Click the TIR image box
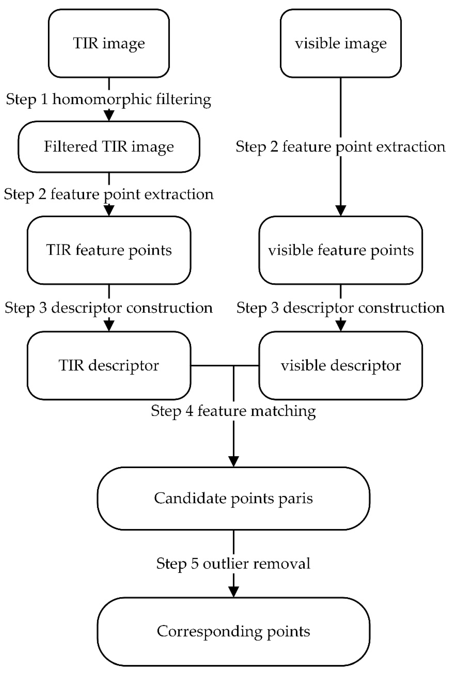(x=109, y=43)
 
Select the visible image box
(x=341, y=43)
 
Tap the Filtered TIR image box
(x=109, y=147)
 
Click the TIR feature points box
(x=109, y=250)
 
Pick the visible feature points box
(x=341, y=250)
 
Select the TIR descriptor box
(x=109, y=365)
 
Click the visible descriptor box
(x=341, y=365)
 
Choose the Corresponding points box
(x=234, y=631)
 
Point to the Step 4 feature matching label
(x=234, y=411)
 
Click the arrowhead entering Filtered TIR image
(x=109, y=116)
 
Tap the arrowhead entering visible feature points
(x=341, y=211)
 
